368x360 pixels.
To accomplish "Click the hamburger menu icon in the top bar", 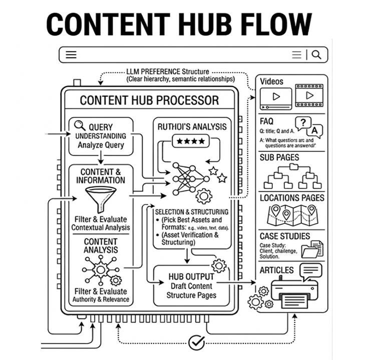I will point(72,55).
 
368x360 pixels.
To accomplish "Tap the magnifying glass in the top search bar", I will point(316,55).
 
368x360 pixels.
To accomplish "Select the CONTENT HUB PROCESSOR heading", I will point(149,100).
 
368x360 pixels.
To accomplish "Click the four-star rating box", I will point(191,141).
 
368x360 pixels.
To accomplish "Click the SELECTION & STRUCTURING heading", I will point(192,212).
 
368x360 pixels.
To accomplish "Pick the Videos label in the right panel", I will point(271,81).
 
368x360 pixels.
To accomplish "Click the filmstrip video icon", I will point(308,95).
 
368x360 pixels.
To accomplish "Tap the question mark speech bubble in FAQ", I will point(303,123).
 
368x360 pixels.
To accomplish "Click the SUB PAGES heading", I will point(279,157).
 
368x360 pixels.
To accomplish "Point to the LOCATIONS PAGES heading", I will point(292,198).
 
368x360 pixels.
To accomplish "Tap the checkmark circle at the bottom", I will point(196,342).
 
